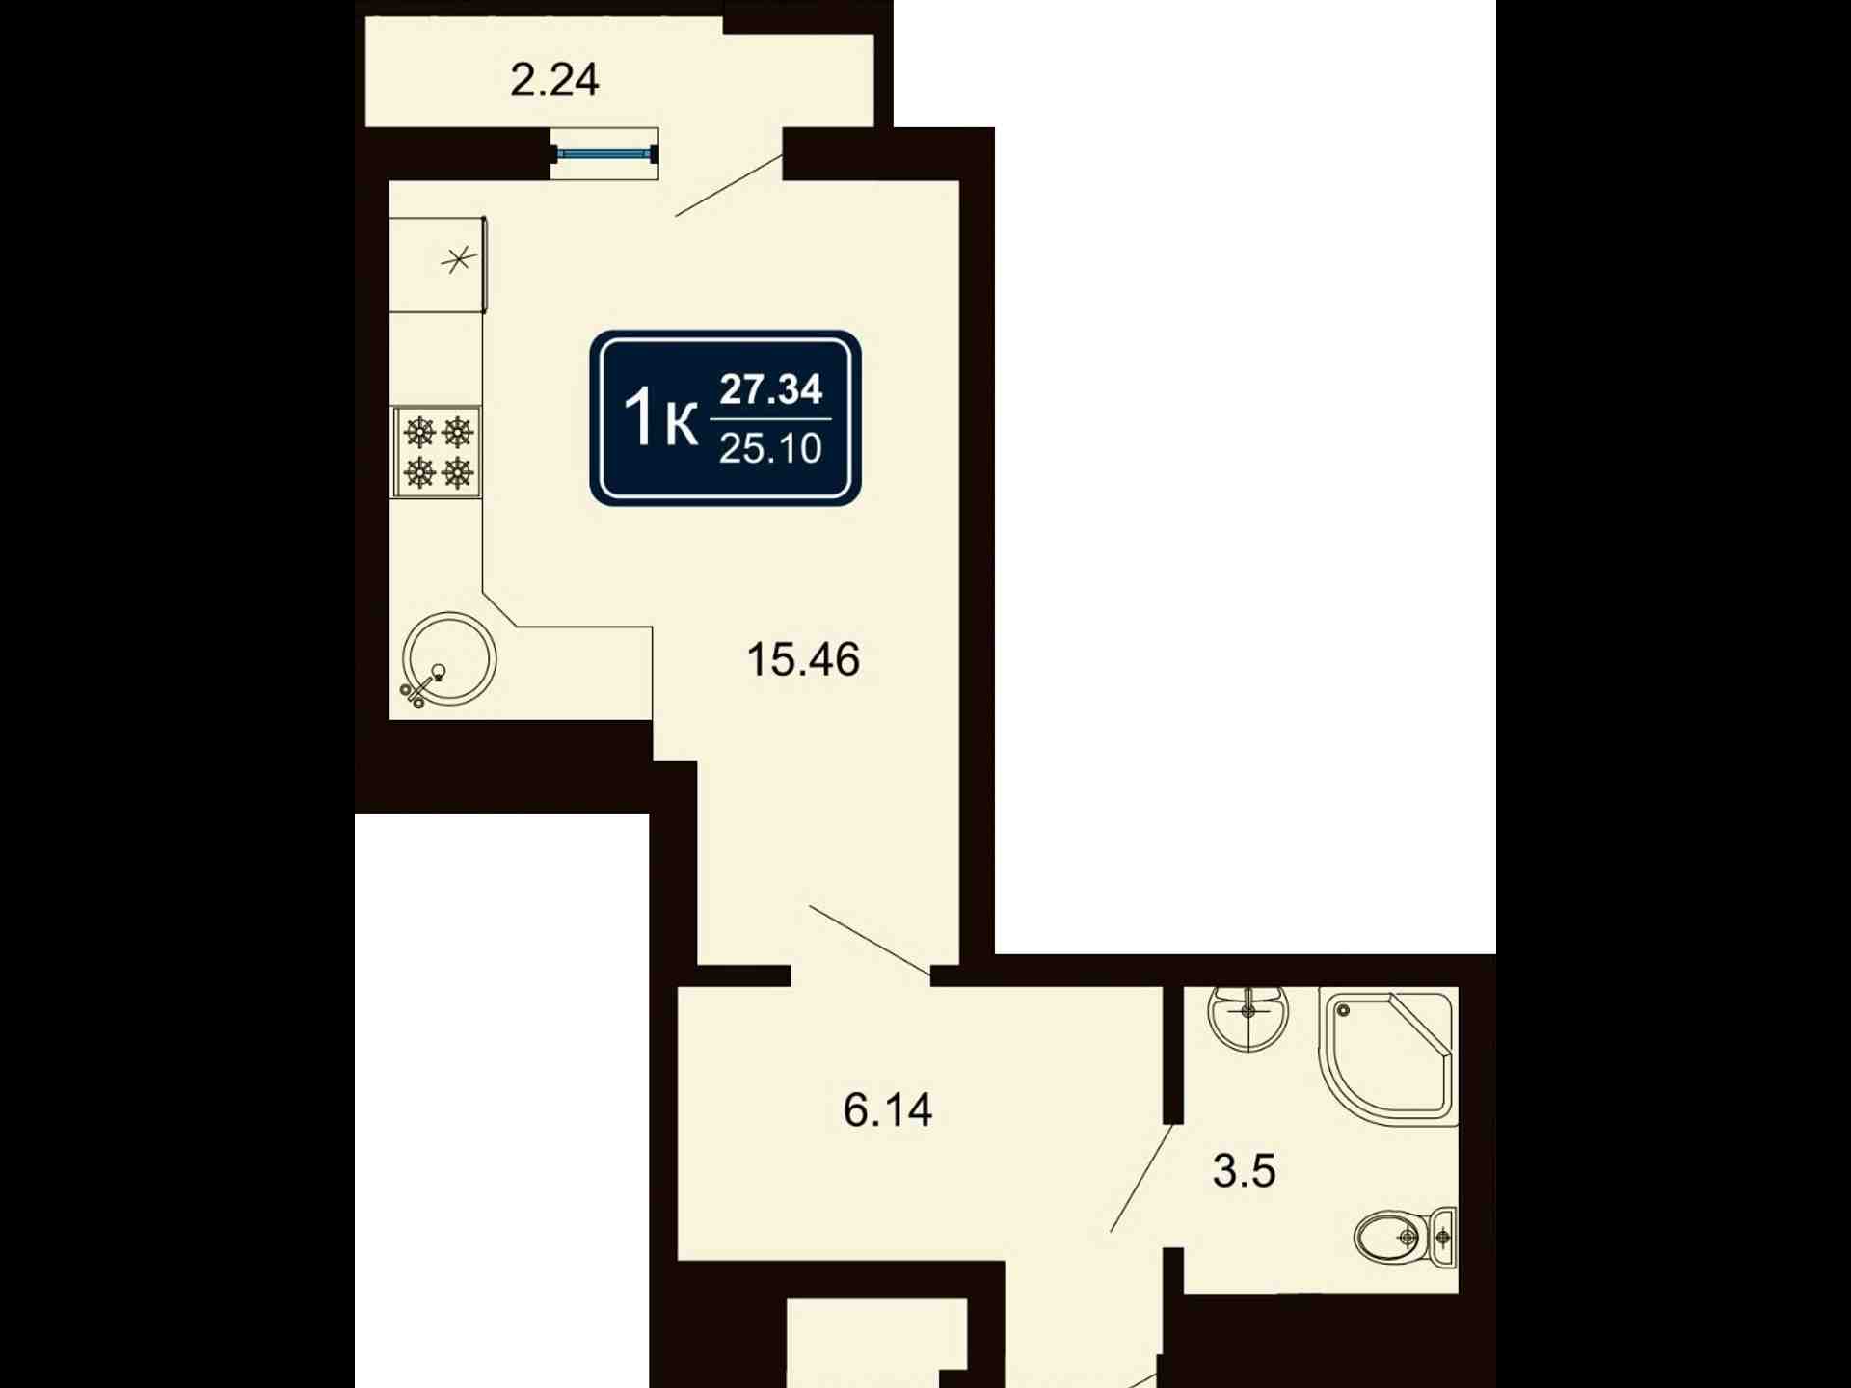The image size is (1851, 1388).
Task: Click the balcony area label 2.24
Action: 554,80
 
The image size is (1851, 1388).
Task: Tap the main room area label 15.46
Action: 803,660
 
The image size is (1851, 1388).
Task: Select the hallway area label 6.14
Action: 888,1110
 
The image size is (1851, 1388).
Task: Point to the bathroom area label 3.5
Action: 1244,1171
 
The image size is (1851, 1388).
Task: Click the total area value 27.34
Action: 771,389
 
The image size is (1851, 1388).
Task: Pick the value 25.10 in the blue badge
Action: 770,448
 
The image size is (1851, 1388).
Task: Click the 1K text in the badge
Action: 660,419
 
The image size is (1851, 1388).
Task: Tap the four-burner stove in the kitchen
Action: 436,452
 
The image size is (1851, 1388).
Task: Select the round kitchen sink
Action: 449,659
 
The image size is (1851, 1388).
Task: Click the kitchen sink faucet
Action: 422,686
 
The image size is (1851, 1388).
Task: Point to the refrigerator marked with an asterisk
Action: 438,264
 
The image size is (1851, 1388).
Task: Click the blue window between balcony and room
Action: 604,153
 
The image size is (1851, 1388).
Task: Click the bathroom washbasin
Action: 1248,1018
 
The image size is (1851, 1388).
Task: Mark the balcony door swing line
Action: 729,185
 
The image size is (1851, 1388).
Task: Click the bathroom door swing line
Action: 1141,1178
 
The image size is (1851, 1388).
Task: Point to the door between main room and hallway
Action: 871,940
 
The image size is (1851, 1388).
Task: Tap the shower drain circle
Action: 1343,1010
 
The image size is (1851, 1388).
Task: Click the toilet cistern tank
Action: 1443,1236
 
